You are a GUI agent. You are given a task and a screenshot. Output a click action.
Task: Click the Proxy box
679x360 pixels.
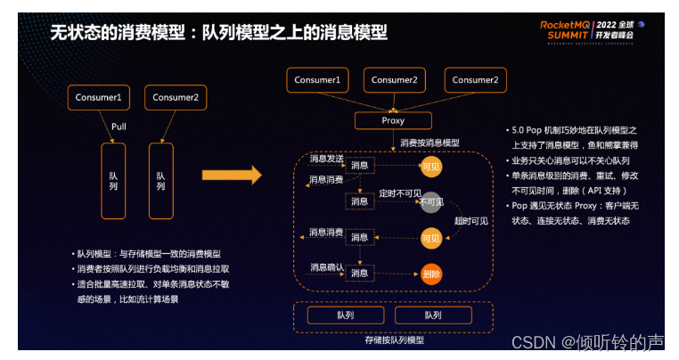393,120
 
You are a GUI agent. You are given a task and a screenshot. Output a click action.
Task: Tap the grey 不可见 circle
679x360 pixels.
431,202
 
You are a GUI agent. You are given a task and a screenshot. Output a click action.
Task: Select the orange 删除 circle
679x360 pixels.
431,274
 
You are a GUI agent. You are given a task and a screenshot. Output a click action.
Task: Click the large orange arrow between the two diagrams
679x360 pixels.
232,175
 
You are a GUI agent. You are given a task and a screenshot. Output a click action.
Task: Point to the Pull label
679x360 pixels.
119,126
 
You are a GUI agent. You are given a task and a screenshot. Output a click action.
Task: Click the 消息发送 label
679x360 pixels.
326,159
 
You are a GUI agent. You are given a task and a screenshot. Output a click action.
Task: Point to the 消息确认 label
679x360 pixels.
326,266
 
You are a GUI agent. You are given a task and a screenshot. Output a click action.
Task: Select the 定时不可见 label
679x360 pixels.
399,192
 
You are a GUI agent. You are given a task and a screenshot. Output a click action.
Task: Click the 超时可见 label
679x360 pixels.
470,220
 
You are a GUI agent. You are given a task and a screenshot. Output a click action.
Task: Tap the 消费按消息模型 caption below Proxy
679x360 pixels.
429,143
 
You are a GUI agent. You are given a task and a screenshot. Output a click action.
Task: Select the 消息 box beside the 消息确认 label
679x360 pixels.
359,274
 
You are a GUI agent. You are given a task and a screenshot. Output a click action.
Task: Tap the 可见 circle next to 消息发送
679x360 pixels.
431,166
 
